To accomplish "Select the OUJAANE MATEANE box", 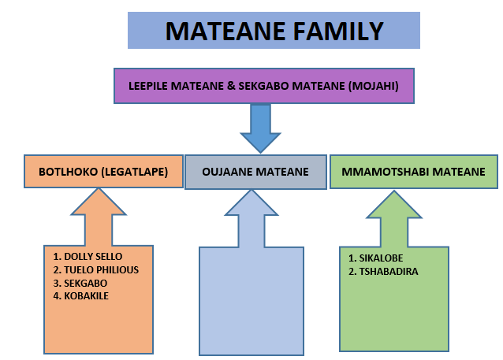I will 255,172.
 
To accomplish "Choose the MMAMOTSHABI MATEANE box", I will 414,171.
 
